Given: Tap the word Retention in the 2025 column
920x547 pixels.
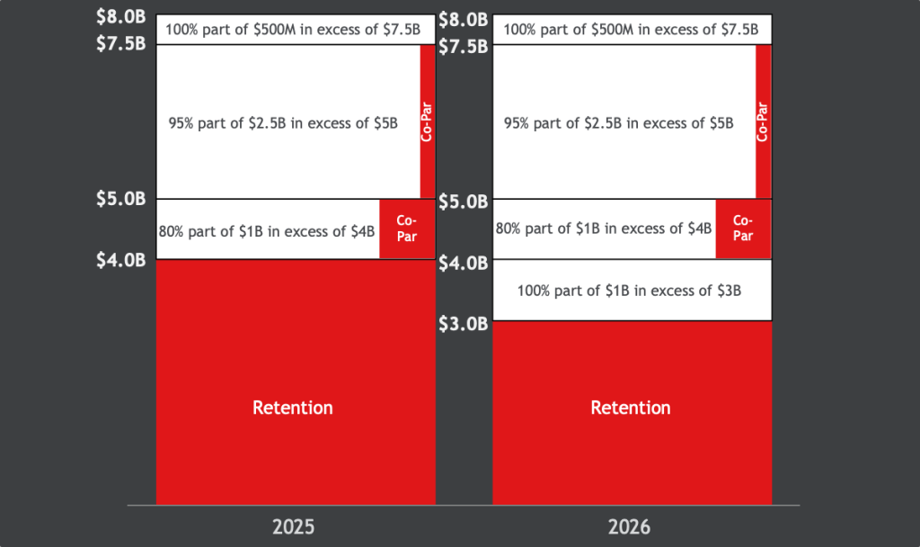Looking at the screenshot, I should [293, 408].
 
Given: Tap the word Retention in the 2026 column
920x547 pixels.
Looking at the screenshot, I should [630, 408].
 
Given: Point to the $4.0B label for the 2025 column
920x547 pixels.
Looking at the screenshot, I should [120, 261].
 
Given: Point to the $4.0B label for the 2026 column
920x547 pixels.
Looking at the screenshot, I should [462, 264].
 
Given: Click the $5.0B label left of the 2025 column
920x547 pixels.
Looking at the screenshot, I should [120, 199].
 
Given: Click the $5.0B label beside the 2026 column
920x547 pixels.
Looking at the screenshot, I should [462, 202].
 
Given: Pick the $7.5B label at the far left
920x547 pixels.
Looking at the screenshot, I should [120, 43].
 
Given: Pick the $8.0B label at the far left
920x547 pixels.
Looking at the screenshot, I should [120, 16].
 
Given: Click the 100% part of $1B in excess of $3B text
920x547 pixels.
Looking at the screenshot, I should [630, 291].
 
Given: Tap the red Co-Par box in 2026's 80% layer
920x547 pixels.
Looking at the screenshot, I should [743, 229].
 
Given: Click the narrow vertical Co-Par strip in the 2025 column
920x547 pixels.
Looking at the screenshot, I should [428, 121].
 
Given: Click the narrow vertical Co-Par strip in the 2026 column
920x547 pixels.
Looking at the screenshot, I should [764, 121].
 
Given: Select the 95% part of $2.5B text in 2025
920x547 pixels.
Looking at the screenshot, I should [283, 123].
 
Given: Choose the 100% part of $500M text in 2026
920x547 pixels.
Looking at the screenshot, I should [630, 29].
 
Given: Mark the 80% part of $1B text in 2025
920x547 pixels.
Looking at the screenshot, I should [267, 231].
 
